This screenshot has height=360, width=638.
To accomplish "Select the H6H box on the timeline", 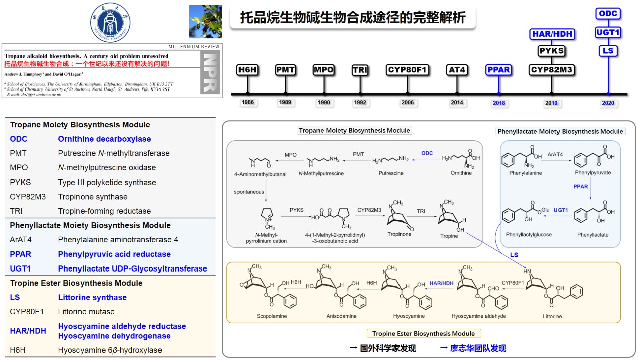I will [248, 70].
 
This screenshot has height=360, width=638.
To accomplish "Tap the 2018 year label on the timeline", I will [499, 103].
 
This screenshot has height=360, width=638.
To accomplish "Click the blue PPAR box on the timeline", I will [499, 70].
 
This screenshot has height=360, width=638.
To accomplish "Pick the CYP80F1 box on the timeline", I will [408, 70].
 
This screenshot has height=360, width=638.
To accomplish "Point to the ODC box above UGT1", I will [608, 14].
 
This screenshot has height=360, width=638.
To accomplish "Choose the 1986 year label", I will [248, 103].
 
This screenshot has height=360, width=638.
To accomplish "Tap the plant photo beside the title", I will [205, 22].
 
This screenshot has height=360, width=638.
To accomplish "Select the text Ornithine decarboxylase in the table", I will [105, 139].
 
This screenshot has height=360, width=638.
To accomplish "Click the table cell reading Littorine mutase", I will [87, 312].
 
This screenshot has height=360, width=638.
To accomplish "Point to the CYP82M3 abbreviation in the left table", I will [28, 197].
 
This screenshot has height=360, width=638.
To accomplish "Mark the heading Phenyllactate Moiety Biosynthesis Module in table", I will [90, 225].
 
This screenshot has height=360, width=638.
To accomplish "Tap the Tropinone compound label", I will [400, 234].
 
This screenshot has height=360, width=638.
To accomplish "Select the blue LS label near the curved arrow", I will [514, 255].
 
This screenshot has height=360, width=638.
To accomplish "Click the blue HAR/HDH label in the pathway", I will [441, 283].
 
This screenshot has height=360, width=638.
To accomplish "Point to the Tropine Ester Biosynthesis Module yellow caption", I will [424, 333].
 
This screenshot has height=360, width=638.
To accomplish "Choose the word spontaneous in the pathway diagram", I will [249, 192].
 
